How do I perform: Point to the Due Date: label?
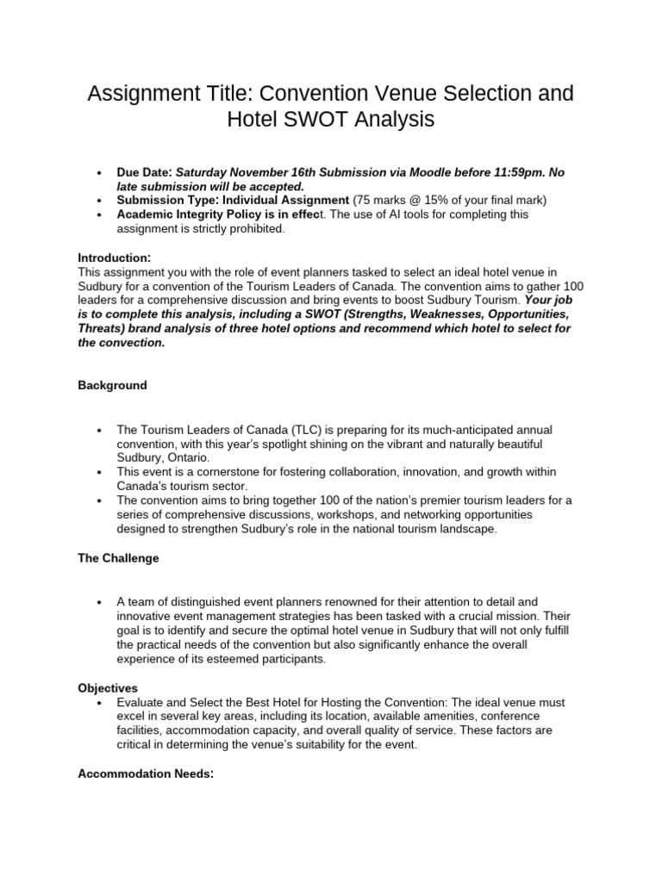tap(145, 172)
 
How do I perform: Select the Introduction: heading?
tap(115, 258)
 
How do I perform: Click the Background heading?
tap(113, 385)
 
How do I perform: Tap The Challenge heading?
tap(119, 558)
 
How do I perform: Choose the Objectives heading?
tap(108, 689)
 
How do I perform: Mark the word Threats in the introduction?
tap(100, 328)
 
